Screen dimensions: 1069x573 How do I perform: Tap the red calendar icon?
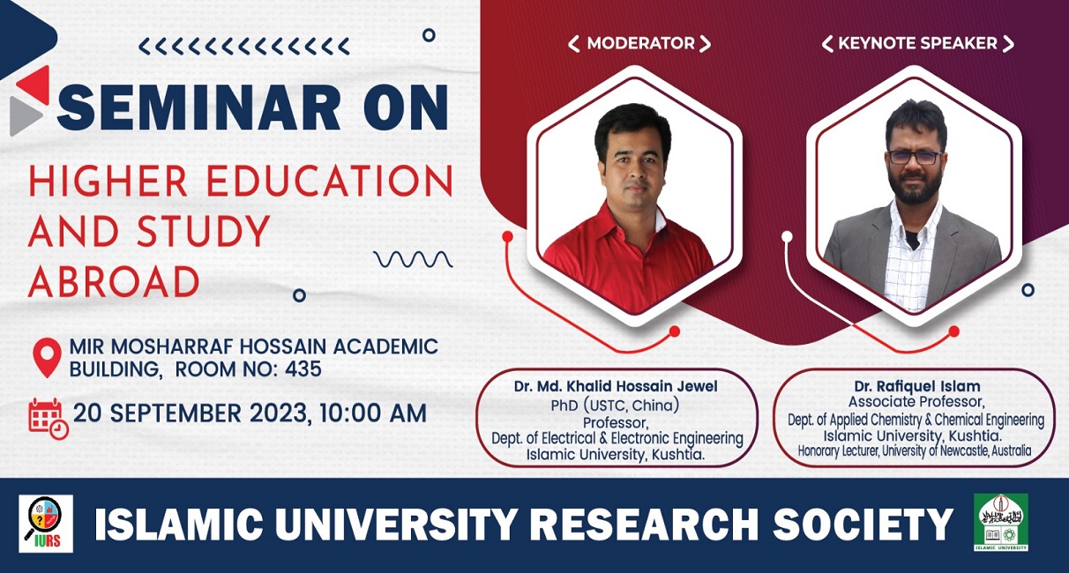tap(49, 419)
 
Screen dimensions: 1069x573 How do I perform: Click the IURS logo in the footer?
tap(46, 524)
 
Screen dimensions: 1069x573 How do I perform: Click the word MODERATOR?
tap(640, 43)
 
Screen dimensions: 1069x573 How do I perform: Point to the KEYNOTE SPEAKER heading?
tap(917, 43)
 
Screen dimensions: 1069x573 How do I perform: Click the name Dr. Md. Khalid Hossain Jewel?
tap(616, 386)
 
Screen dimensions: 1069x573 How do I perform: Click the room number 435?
tap(303, 368)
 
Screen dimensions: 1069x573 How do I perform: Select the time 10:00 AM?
tap(373, 413)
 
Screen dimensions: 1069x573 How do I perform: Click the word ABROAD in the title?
tap(114, 281)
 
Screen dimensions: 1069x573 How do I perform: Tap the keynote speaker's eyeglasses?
tap(915, 158)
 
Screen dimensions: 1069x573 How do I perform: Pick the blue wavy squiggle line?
tap(414, 259)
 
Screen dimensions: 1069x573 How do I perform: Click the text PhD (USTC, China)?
tap(615, 405)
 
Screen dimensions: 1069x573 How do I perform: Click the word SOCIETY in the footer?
tap(863, 525)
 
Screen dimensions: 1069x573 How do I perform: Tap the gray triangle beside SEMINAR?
tap(26, 116)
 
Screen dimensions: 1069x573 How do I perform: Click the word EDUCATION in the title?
tap(329, 182)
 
